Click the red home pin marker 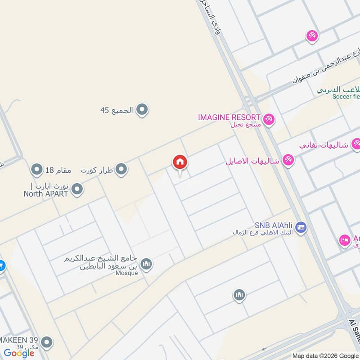180,162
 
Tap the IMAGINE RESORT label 229,117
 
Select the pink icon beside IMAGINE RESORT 269,119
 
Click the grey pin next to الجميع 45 142,110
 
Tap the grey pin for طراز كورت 121,170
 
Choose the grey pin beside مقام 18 36,170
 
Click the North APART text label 46,193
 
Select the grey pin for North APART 77,189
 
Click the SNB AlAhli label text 274,225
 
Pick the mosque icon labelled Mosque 146,264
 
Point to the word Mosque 127,273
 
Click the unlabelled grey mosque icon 239,295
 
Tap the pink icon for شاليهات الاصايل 288,160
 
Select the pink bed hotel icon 344,240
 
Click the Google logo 19,353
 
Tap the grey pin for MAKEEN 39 46,342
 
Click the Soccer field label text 346,97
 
